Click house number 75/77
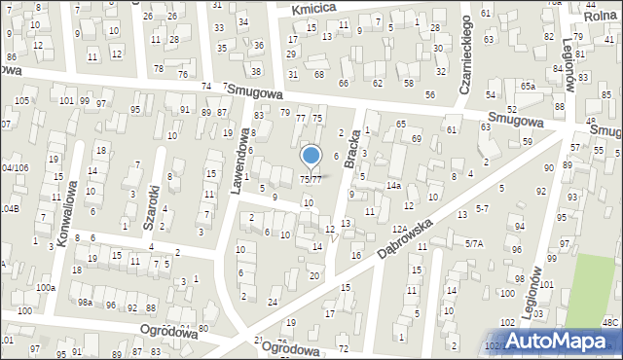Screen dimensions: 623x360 point(311,180)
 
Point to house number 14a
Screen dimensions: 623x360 point(393,185)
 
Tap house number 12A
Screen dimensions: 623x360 point(399,229)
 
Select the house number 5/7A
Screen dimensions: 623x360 point(474,243)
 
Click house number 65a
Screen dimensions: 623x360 point(528,87)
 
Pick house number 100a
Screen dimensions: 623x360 point(46,288)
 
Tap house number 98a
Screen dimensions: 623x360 point(86,304)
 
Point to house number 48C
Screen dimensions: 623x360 point(609,321)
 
